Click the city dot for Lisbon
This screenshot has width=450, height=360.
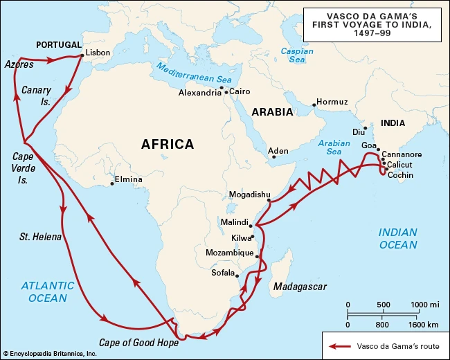pos(82,55)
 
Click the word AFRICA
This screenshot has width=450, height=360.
pos(168,144)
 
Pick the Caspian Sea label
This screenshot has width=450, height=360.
pos(297,55)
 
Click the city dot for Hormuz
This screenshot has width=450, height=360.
pos(314,105)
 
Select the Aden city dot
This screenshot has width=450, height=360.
pos(273,156)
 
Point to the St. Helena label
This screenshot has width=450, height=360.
pos(40,237)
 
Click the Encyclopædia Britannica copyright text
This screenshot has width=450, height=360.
pos(50,354)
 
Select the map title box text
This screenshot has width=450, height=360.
pos(372,24)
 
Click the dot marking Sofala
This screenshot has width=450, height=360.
pos(238,275)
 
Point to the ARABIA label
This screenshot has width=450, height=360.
pos(272,111)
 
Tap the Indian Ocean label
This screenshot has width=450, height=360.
pos(397,238)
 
